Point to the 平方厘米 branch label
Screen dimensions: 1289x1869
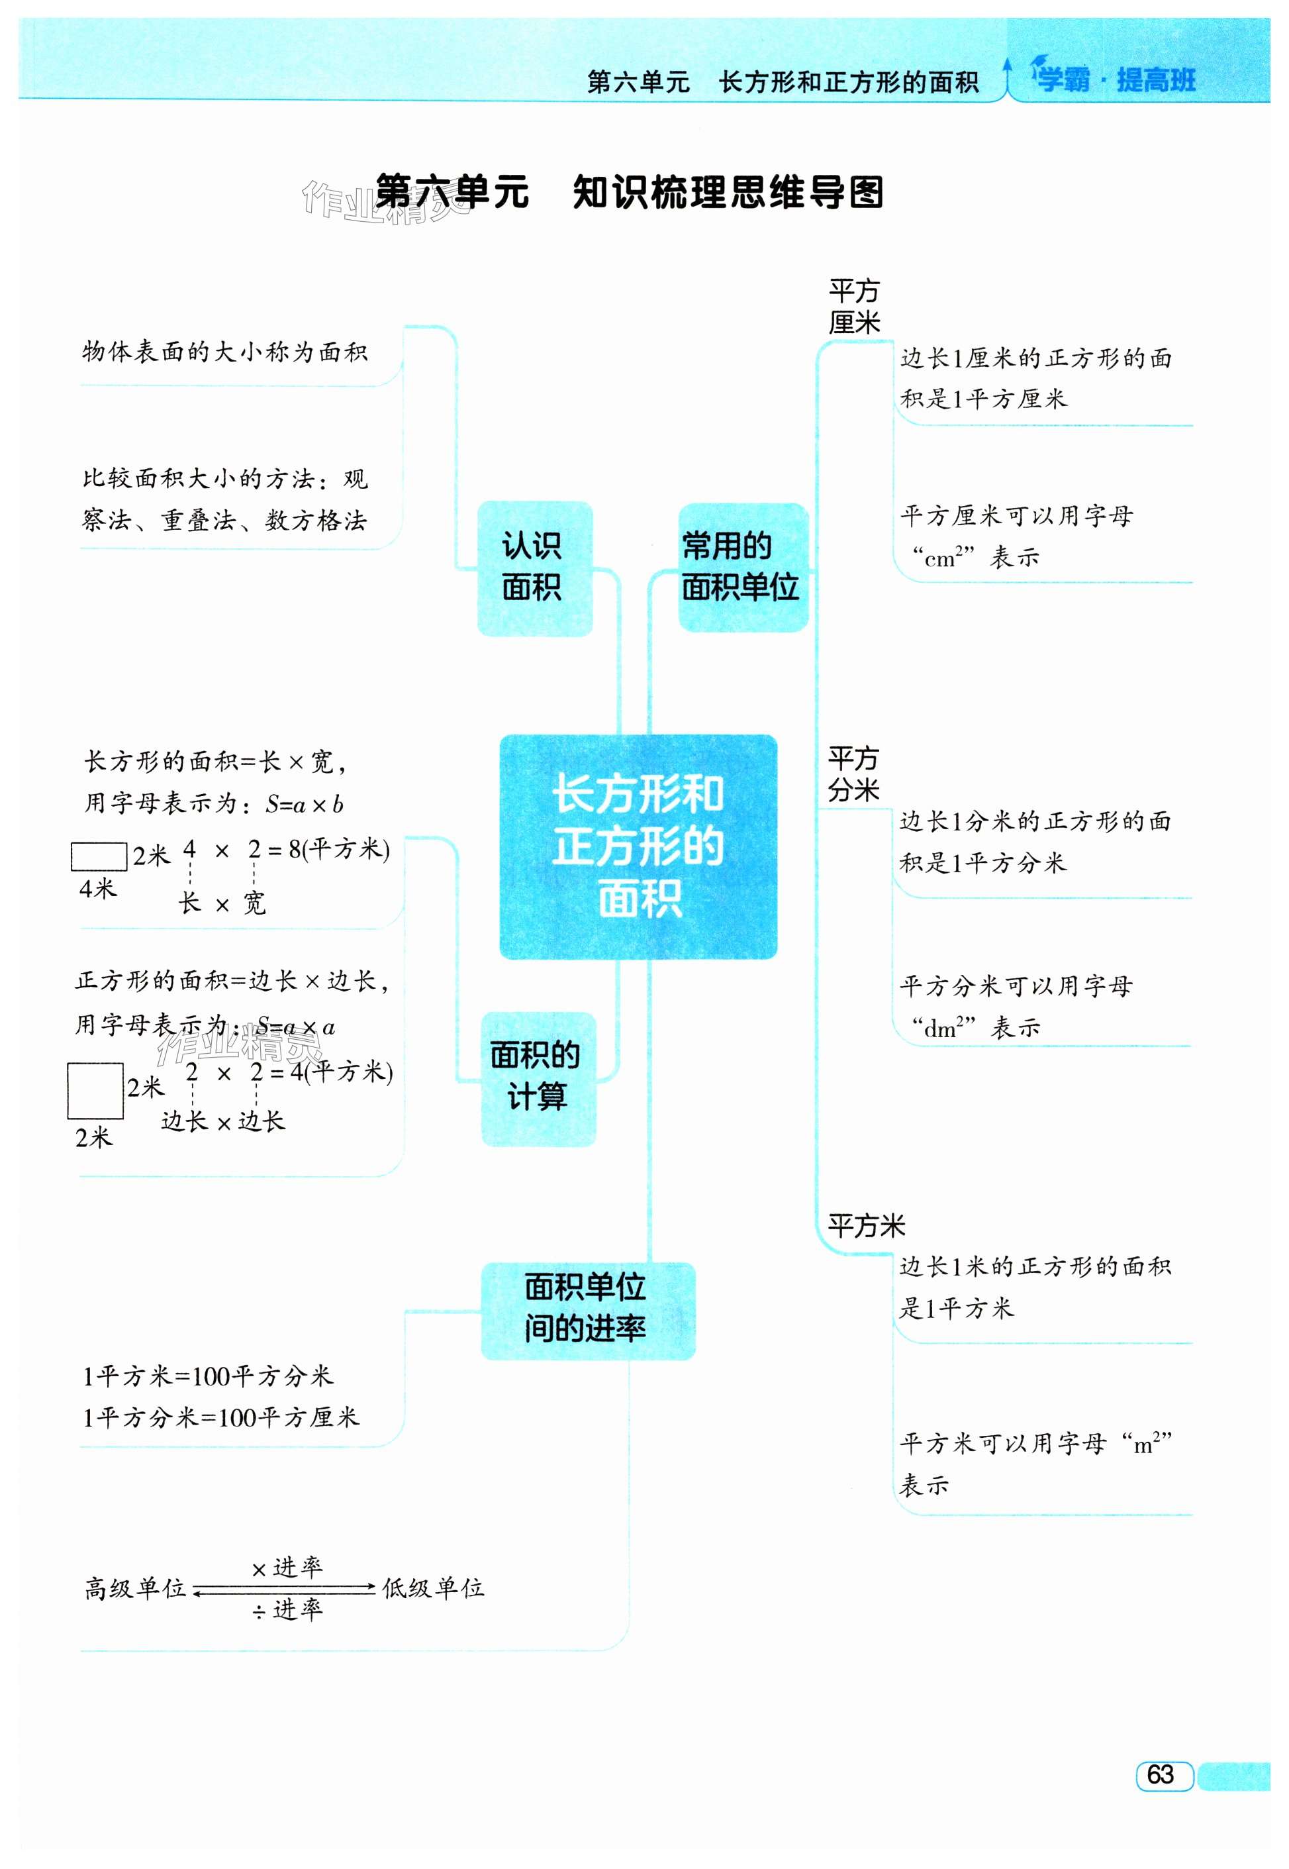click(853, 307)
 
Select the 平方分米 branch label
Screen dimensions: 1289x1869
click(853, 774)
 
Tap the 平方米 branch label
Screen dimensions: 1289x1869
click(866, 1227)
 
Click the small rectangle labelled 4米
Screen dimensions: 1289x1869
click(99, 856)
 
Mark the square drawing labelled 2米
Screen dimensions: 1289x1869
click(95, 1091)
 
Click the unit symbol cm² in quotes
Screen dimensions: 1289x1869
click(944, 558)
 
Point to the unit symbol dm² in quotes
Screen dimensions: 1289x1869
click(944, 1028)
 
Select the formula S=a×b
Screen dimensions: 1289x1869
click(305, 805)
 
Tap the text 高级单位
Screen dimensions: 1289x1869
click(136, 1589)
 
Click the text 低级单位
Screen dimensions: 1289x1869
click(433, 1589)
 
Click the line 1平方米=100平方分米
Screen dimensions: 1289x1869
click(208, 1376)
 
